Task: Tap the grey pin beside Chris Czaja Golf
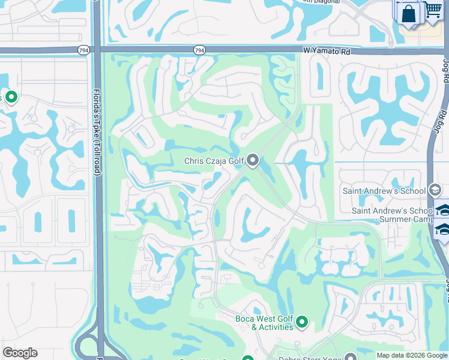(253, 160)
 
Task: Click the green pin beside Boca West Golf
(302, 323)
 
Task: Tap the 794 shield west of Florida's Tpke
(84, 50)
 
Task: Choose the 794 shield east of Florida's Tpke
(199, 50)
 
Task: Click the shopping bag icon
(409, 13)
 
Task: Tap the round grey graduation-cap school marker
(435, 191)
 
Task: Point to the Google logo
(20, 353)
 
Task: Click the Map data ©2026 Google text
(412, 355)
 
